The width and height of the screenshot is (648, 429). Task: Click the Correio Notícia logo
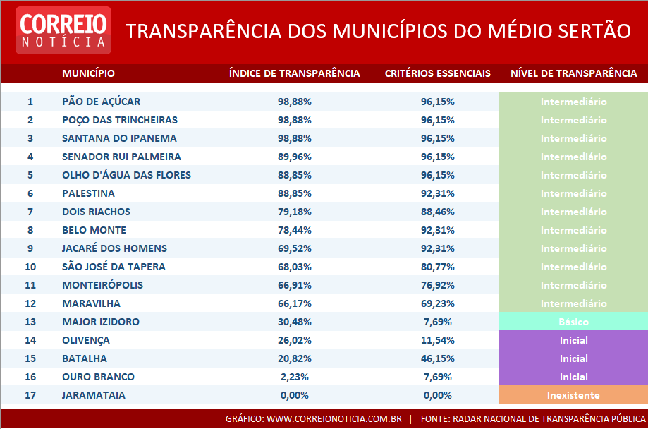(63, 30)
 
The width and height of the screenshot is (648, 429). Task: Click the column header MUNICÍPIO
(88, 73)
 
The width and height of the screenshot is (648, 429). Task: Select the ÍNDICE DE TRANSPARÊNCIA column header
(294, 73)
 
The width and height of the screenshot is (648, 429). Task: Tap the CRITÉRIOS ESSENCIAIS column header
(437, 73)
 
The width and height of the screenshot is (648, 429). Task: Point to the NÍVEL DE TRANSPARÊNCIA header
(573, 73)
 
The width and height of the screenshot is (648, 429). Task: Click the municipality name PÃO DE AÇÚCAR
(101, 102)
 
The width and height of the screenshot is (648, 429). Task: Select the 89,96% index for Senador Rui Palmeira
(295, 157)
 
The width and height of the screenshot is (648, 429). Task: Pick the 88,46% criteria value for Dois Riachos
(437, 212)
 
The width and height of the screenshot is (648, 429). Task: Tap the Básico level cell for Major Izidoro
(573, 322)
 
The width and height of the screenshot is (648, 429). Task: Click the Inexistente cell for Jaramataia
(573, 395)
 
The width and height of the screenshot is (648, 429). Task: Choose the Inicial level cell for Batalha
(573, 358)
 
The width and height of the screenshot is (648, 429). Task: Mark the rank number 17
(30, 395)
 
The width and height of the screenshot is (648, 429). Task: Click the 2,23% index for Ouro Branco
(295, 377)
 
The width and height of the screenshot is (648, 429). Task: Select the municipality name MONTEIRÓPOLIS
(102, 285)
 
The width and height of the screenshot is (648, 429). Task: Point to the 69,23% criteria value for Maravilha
(437, 303)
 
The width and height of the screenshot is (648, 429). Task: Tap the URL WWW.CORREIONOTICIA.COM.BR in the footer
(334, 418)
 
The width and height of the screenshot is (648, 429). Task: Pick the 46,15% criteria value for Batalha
(437, 358)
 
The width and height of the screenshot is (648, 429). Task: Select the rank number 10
(30, 267)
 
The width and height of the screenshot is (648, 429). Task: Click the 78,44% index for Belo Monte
(295, 230)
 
